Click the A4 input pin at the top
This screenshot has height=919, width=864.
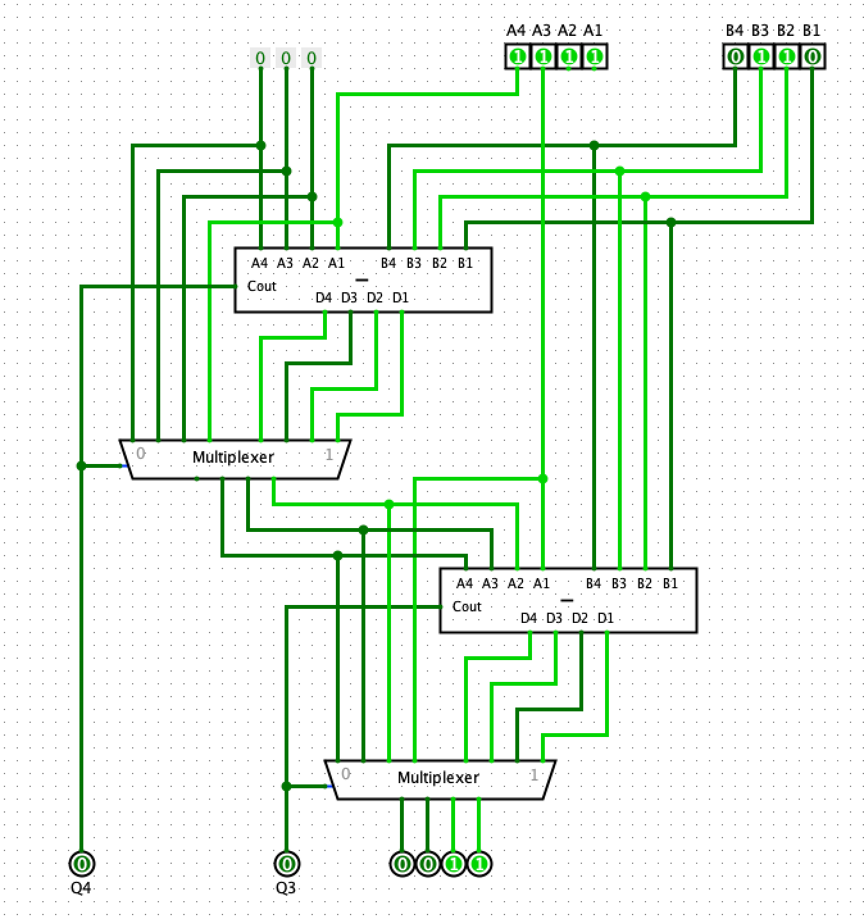click(x=518, y=57)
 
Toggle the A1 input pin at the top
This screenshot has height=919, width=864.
click(x=594, y=57)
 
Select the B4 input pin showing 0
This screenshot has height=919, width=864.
click(x=736, y=57)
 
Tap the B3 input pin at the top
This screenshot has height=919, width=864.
click(x=761, y=57)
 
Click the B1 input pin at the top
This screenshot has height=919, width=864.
click(x=812, y=57)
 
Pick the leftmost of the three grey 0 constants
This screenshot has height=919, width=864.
click(x=260, y=58)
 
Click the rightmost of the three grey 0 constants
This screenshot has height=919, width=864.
click(x=312, y=58)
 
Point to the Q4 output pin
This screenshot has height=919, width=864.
click(x=81, y=864)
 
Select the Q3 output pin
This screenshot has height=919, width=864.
click(x=287, y=864)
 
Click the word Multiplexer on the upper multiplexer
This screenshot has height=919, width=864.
click(x=233, y=457)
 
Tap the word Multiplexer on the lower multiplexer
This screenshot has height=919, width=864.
click(x=438, y=777)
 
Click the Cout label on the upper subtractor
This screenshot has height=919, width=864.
click(x=262, y=286)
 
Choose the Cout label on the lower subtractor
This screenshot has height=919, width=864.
click(x=467, y=606)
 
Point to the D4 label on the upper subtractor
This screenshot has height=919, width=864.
click(x=324, y=298)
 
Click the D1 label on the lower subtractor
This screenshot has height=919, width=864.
click(x=606, y=618)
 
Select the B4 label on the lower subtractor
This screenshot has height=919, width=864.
click(x=594, y=584)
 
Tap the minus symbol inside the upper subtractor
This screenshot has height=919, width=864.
click(x=362, y=280)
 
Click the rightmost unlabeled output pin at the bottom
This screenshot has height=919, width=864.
click(x=479, y=864)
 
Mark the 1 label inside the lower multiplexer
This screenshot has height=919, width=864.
click(x=533, y=775)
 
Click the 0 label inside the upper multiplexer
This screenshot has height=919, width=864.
click(x=140, y=454)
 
